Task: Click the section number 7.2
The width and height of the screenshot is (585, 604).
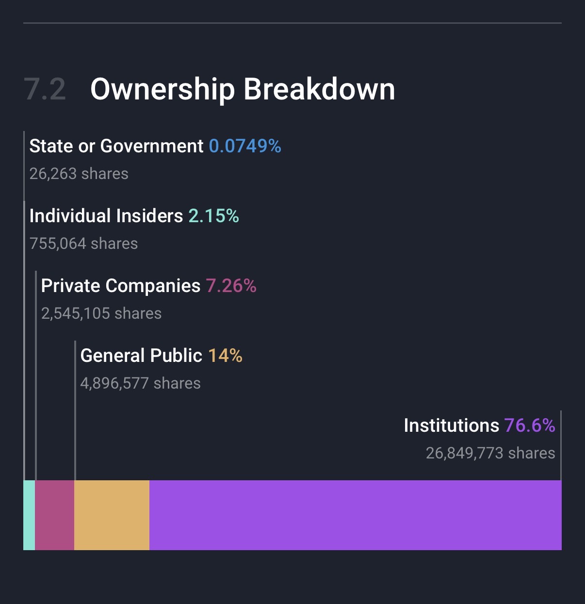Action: coord(45,90)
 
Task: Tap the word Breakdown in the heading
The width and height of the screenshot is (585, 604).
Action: coord(319,90)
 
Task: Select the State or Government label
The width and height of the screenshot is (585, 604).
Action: coord(116,146)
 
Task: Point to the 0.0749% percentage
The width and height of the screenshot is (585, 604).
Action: coord(245,146)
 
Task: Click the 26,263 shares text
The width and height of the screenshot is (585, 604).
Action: coord(79,174)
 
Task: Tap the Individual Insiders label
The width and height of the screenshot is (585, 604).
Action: coord(106,216)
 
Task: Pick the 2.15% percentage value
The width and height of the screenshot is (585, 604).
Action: coord(213,216)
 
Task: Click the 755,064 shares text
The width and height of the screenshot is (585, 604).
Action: coord(83,244)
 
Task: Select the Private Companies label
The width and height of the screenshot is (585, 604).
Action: coord(120,286)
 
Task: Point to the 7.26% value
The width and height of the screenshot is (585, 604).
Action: coord(231,286)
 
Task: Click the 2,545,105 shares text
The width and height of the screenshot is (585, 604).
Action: coord(101,313)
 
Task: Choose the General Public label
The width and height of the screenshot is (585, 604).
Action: coord(141,356)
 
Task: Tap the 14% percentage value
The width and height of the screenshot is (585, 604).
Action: coord(225,356)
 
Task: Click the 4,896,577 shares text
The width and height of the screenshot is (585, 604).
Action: coord(140,383)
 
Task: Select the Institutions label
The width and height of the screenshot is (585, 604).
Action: coord(451,425)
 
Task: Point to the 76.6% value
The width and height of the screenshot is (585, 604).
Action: coord(530,425)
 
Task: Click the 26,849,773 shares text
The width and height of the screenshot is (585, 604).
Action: coord(490,453)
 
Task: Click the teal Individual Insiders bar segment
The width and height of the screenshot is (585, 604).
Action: coord(29,515)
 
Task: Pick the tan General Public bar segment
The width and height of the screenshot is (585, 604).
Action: coord(112,515)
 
